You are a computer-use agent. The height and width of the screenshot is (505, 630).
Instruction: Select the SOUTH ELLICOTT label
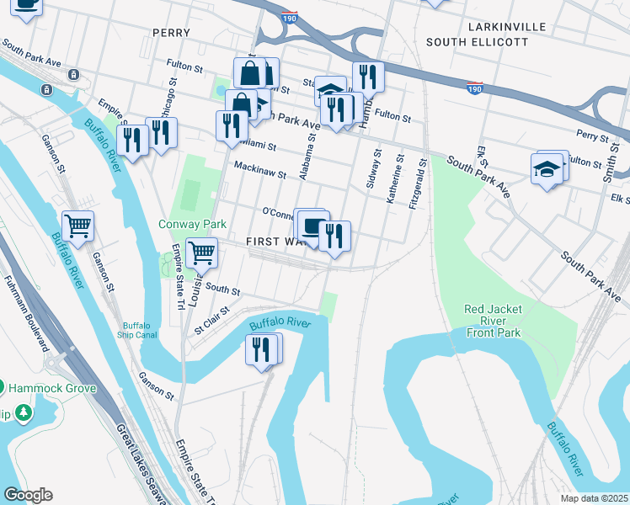point(477,41)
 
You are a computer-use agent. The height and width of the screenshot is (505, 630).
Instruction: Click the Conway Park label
point(193,225)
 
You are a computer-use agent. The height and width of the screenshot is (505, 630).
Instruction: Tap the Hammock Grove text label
point(52,388)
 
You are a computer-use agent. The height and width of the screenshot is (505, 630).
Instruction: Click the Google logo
point(28,495)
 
